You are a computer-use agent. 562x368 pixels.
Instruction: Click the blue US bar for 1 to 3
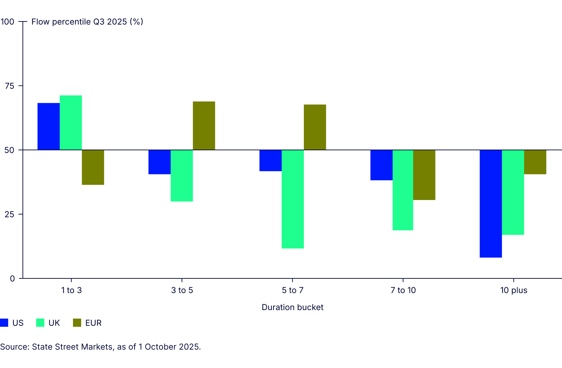[x=48, y=126]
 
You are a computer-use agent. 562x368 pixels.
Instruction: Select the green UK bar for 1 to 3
[x=71, y=123]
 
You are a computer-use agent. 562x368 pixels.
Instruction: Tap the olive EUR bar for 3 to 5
[x=204, y=126]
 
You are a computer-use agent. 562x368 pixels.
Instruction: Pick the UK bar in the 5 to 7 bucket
[x=293, y=199]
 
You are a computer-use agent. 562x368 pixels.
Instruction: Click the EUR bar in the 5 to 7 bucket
[x=315, y=127]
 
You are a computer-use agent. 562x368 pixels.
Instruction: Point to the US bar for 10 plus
[x=490, y=203]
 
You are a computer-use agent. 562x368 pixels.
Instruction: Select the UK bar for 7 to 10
[x=403, y=190]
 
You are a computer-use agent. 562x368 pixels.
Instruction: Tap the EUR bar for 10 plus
[x=535, y=162]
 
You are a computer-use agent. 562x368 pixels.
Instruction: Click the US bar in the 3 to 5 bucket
[x=159, y=162]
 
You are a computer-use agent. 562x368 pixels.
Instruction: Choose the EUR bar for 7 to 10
[x=424, y=175]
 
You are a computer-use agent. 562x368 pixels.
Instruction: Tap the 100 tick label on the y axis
[x=7, y=22]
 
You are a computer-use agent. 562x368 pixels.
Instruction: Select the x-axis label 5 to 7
[x=292, y=290]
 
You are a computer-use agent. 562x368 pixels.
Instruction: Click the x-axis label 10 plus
[x=514, y=290]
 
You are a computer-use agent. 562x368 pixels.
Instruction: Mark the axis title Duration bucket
[x=292, y=307]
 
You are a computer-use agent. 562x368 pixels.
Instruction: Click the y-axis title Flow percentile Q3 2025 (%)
[x=87, y=22]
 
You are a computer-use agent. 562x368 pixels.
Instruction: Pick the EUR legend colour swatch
[x=77, y=323]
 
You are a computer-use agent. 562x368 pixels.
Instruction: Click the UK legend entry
[x=54, y=323]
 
